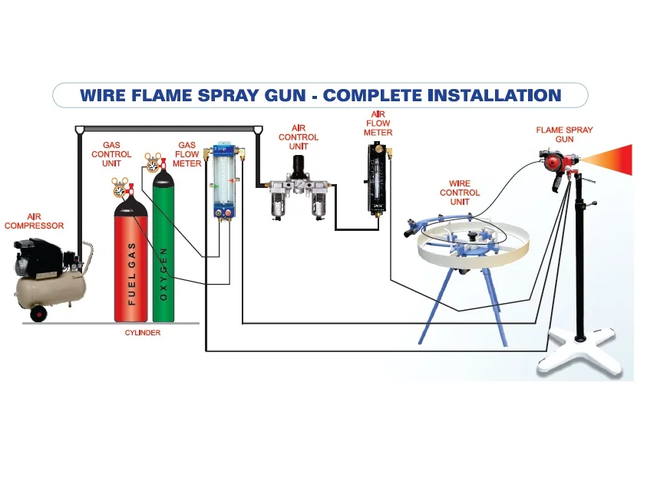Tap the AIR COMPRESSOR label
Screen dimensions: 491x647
tap(34, 222)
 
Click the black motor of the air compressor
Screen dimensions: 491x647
tap(41, 257)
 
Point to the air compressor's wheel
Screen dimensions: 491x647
tap(36, 313)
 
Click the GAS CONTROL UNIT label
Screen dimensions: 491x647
tap(111, 154)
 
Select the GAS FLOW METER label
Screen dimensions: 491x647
tap(187, 153)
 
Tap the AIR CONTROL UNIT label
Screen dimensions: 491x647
tap(299, 137)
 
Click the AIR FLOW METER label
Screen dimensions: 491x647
tap(378, 124)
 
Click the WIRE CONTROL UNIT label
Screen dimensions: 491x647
tap(460, 193)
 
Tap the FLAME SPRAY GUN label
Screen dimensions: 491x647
tap(564, 135)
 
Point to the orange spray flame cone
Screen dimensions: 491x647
tap(615, 160)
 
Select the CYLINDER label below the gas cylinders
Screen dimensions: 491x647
tap(143, 333)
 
